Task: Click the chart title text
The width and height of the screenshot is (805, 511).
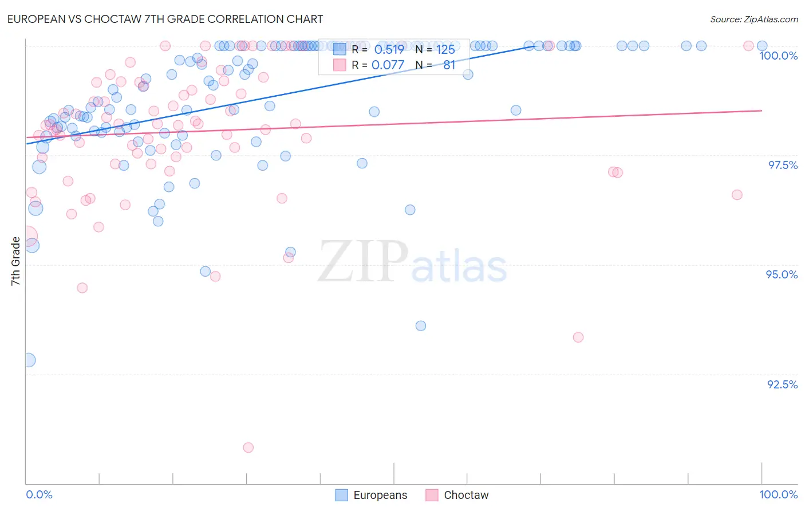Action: [x=165, y=19]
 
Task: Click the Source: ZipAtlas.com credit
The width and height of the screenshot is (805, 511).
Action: [x=753, y=19]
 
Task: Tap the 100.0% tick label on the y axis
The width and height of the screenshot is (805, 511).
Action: [x=778, y=56]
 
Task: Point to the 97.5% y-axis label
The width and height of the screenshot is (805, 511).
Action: [x=782, y=165]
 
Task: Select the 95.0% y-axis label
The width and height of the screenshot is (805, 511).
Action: [x=782, y=274]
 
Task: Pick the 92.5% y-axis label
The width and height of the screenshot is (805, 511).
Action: [x=782, y=384]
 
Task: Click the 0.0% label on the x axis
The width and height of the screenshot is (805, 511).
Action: [x=39, y=494]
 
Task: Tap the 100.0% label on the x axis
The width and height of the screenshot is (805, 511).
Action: [x=778, y=494]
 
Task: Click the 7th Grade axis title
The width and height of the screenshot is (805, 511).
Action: [x=15, y=261]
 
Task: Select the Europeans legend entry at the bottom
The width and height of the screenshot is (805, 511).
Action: [x=371, y=495]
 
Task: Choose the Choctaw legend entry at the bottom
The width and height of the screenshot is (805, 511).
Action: [x=457, y=495]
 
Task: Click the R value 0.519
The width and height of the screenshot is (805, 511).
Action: [x=389, y=49]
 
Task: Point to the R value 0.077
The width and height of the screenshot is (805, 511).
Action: [x=388, y=65]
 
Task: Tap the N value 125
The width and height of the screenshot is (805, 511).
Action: [x=445, y=49]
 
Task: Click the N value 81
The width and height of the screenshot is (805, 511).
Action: [x=449, y=65]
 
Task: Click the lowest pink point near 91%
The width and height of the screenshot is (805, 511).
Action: [x=248, y=447]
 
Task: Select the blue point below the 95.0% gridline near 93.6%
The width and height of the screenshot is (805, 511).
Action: [x=421, y=326]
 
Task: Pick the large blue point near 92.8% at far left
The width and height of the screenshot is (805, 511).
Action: [x=29, y=360]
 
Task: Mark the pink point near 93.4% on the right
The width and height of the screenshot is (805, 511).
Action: [x=578, y=337]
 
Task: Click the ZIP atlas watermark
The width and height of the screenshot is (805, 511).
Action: [x=412, y=262]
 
